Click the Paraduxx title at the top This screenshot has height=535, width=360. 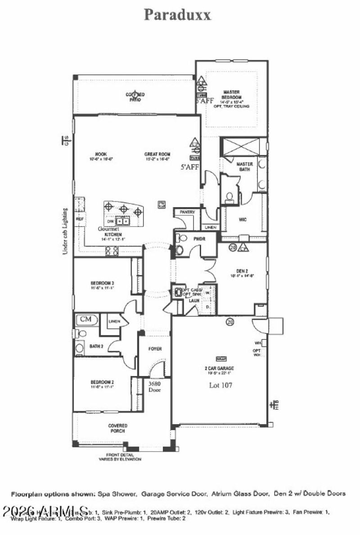[x=177, y=14]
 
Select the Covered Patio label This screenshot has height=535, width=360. [x=135, y=97]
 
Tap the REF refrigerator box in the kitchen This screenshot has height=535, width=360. [x=80, y=219]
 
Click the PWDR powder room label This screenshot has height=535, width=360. [x=199, y=239]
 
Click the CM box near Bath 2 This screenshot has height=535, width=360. [x=86, y=319]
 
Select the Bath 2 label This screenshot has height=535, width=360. [x=97, y=346]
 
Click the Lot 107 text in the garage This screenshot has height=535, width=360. [x=220, y=385]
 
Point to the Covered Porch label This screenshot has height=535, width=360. [x=117, y=428]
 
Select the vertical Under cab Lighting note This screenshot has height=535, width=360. [x=66, y=231]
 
